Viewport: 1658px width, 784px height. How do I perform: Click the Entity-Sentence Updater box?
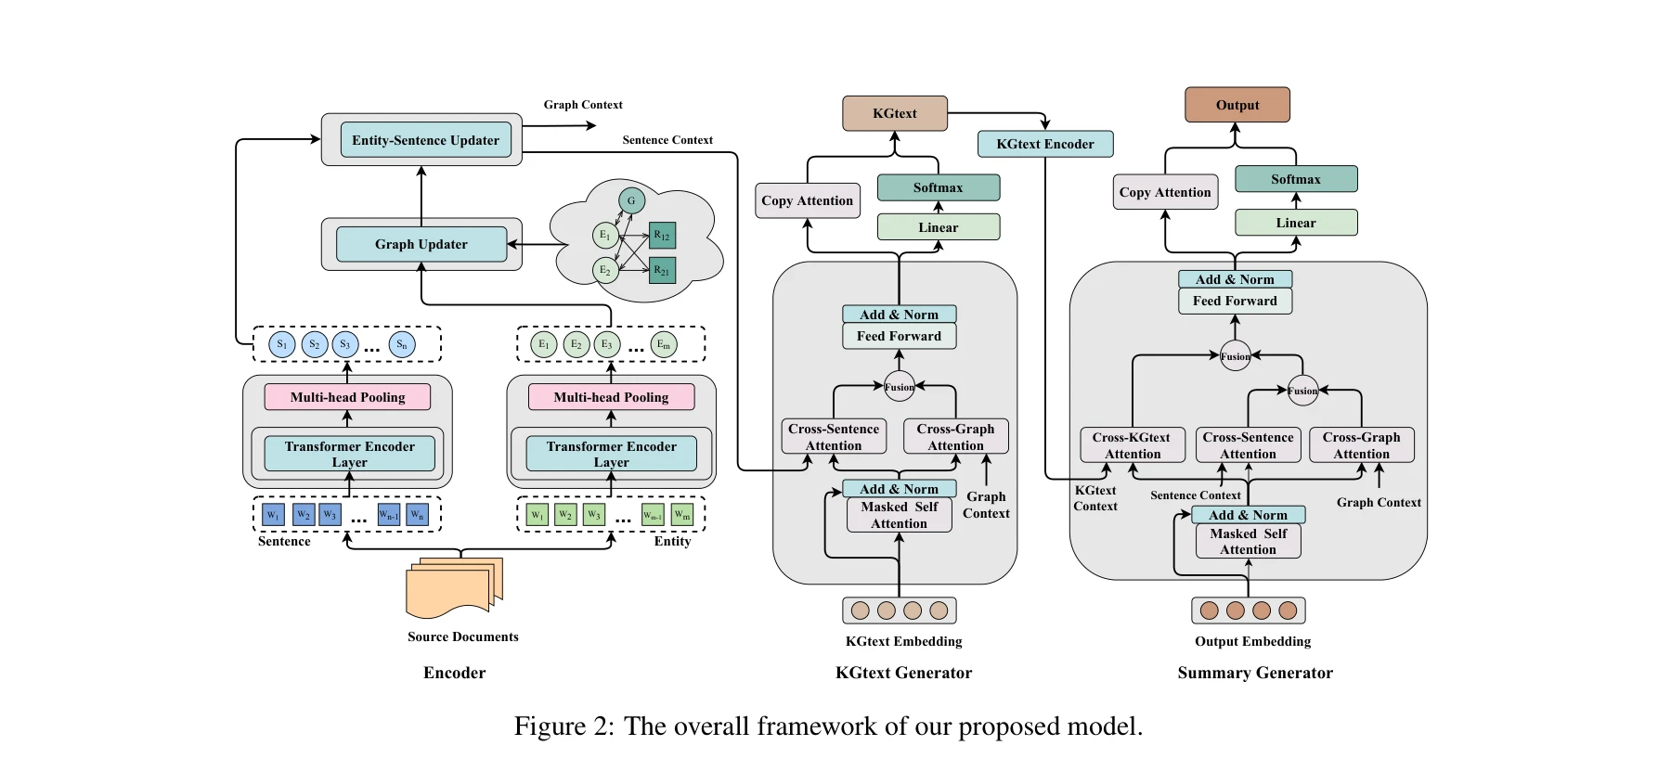point(425,140)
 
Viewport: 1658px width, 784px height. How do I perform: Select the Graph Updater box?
point(421,244)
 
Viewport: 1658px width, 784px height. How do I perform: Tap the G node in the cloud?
point(631,200)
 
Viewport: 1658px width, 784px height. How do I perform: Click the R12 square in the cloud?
point(662,236)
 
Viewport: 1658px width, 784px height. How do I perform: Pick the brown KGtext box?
point(894,113)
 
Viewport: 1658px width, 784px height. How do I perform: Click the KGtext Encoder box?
point(1045,144)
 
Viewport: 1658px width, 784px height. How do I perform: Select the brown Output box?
point(1237,105)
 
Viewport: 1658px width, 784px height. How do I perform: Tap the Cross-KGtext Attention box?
point(1132,445)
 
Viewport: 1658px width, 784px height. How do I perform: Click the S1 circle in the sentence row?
point(282,344)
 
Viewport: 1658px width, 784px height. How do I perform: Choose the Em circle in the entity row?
point(663,344)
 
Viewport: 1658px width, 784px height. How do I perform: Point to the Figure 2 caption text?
point(828,726)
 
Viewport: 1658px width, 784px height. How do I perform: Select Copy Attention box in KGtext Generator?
point(807,200)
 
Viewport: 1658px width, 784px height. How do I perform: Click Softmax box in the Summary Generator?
point(1295,179)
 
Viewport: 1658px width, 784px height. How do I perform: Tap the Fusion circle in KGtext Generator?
point(899,387)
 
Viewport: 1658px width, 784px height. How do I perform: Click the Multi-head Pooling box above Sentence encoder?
point(347,397)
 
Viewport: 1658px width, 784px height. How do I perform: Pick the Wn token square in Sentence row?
point(418,515)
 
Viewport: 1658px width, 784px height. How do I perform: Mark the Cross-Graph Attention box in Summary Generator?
point(1361,445)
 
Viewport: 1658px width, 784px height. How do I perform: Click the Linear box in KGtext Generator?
point(938,227)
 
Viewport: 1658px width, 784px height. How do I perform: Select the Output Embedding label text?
point(1252,641)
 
